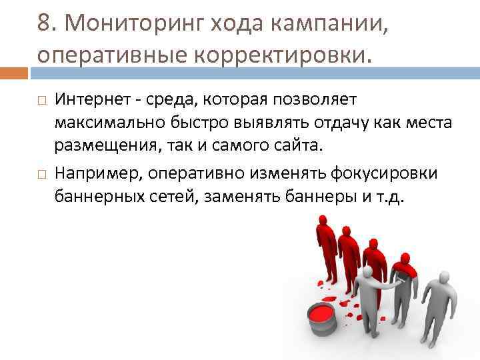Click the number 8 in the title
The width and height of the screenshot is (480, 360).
tap(44, 25)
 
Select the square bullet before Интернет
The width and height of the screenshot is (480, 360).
tap(42, 101)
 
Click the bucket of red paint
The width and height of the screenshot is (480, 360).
tap(322, 319)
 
